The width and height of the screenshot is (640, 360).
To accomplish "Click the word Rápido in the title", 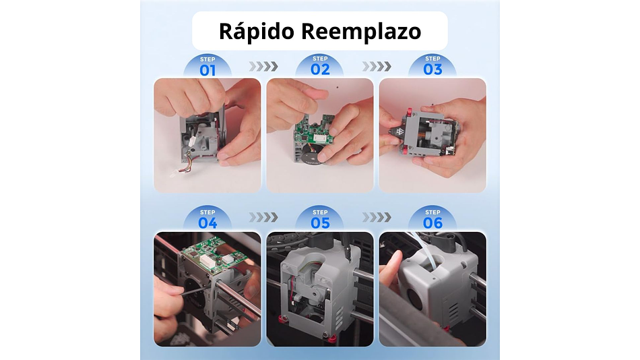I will click(x=256, y=32).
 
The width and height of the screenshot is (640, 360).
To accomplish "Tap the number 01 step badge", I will click(x=207, y=67).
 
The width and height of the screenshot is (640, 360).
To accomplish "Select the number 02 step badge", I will click(x=320, y=67).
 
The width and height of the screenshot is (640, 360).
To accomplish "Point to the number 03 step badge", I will click(x=433, y=67).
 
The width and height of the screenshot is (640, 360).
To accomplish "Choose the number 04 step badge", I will click(x=207, y=220).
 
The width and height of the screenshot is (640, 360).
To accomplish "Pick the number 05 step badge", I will click(x=320, y=220).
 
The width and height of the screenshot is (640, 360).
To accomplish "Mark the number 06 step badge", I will click(x=433, y=220).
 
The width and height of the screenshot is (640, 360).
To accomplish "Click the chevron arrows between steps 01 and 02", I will click(x=263, y=66).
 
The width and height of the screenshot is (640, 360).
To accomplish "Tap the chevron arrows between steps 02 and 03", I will click(x=377, y=66).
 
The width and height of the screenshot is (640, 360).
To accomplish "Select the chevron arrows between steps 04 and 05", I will click(x=263, y=217).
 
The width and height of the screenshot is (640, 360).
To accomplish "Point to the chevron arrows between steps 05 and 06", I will click(x=377, y=217).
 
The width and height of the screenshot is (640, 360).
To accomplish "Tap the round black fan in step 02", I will click(x=311, y=151).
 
